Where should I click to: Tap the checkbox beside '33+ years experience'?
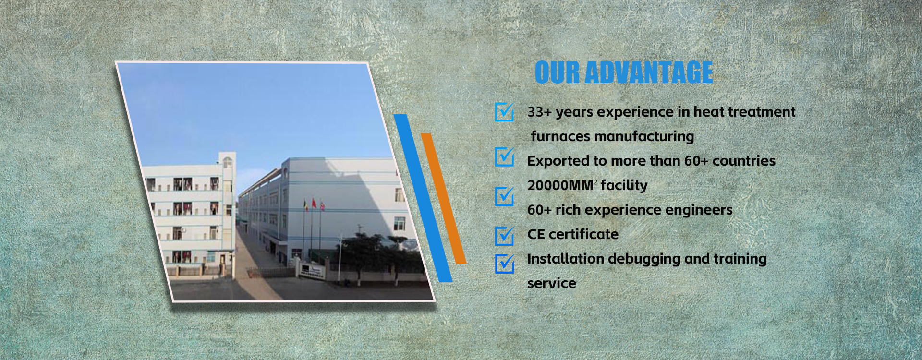(505, 112)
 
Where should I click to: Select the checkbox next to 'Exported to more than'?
(505, 157)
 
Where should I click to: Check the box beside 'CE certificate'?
(505, 236)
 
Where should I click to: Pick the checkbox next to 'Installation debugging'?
(505, 264)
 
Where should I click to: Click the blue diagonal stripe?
(423, 198)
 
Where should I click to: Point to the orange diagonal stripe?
(444, 198)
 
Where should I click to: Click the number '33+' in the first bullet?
(539, 112)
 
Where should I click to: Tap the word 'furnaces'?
(560, 136)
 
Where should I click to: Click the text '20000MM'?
(560, 185)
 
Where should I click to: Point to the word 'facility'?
(624, 186)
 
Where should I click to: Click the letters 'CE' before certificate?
(536, 234)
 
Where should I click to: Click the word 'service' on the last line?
(552, 283)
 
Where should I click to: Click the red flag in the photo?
(314, 203)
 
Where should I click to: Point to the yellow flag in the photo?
(306, 205)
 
